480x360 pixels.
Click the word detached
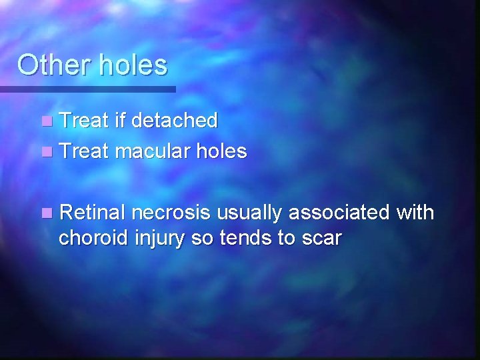[x=175, y=121]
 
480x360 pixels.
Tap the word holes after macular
[x=221, y=152]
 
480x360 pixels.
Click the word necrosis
[x=171, y=213]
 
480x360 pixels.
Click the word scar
[x=321, y=239]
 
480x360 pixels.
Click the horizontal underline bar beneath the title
[x=87, y=89]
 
